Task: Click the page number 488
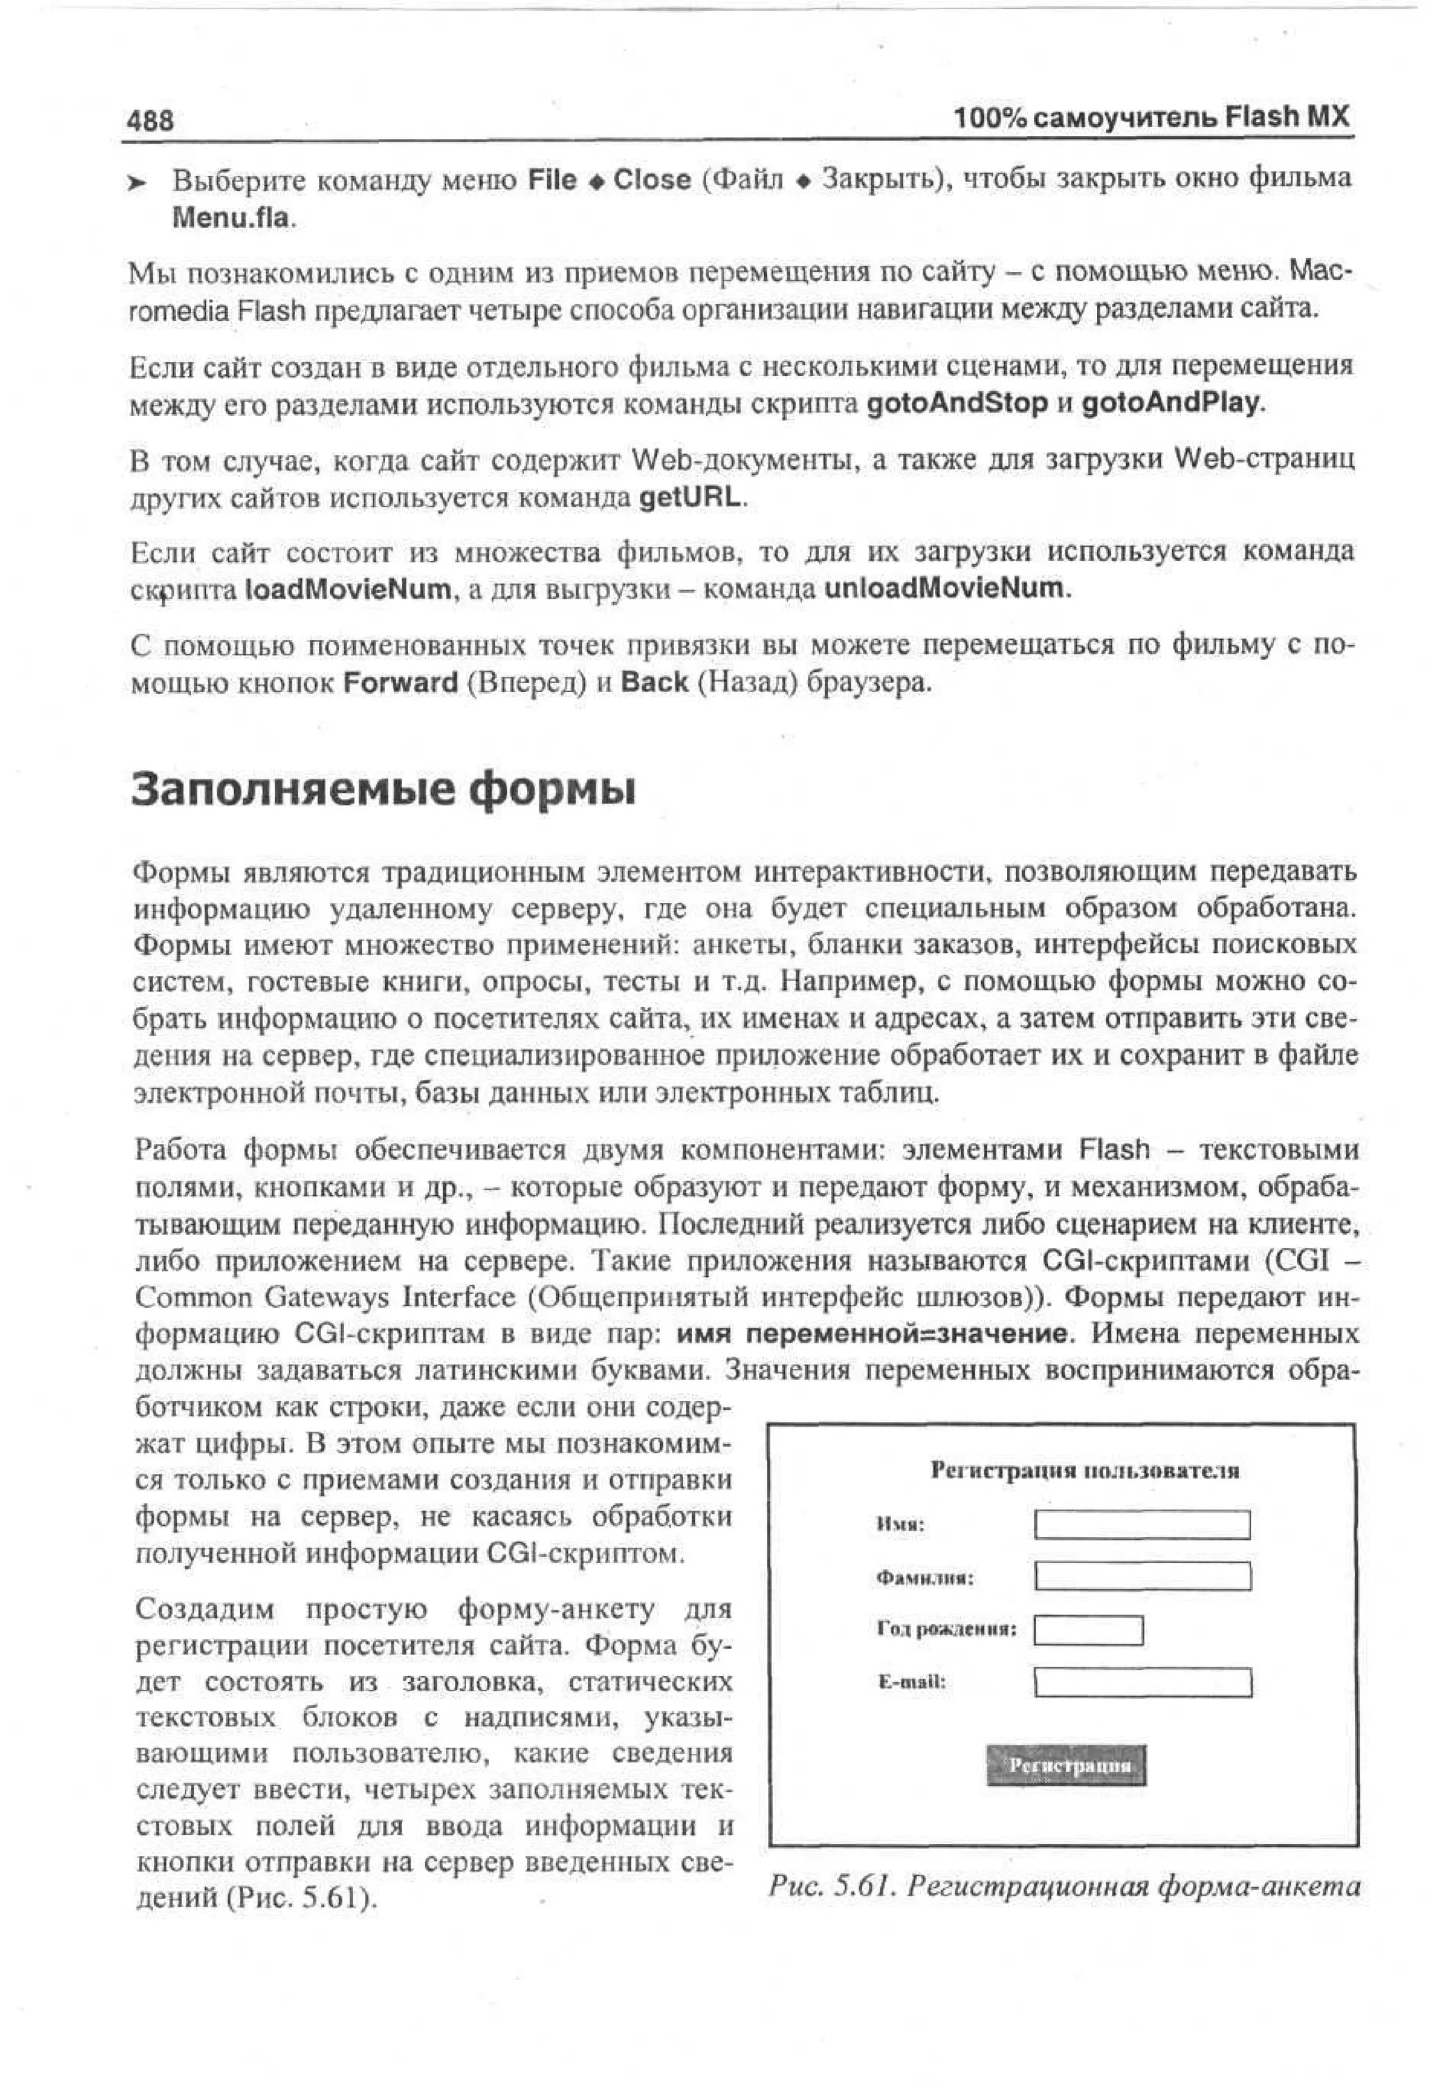coord(150,121)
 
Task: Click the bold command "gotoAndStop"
coord(957,403)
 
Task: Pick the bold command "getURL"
coord(691,497)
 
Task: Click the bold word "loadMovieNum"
coord(347,590)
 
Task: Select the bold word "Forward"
coord(401,683)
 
